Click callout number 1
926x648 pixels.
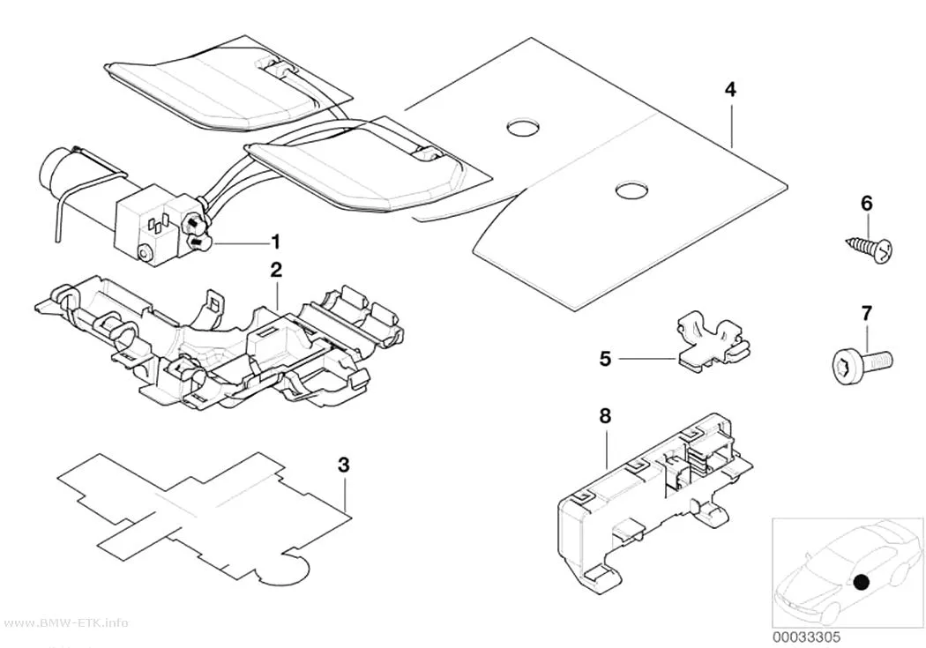coord(274,242)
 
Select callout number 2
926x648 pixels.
coord(276,271)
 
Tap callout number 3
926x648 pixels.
coord(344,465)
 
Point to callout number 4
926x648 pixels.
coord(730,90)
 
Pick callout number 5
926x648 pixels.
coord(605,358)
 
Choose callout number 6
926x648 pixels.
coord(866,204)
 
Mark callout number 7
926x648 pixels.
coord(866,313)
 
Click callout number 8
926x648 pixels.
coord(605,416)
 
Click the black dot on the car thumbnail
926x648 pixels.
coord(862,583)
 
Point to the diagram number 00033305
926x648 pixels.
coord(806,637)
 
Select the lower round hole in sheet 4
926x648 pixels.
coord(631,190)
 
